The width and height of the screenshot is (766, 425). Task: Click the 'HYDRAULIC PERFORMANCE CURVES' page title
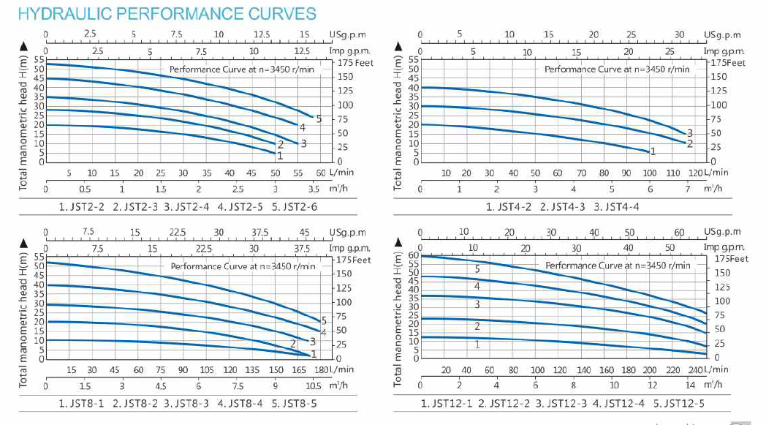click(159, 14)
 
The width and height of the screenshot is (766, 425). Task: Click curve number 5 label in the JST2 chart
click(319, 119)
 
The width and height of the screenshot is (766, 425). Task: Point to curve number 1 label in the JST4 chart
click(653, 151)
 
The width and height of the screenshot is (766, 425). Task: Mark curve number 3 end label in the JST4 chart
click(689, 132)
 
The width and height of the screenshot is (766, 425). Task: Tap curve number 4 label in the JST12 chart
click(477, 286)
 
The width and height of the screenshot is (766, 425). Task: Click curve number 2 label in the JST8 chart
click(293, 344)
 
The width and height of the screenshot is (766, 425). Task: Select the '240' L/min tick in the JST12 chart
click(697, 370)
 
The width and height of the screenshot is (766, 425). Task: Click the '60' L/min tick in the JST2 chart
click(320, 173)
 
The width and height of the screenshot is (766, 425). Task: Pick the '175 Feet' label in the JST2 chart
click(354, 63)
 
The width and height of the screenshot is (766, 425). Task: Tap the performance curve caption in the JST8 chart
click(243, 266)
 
